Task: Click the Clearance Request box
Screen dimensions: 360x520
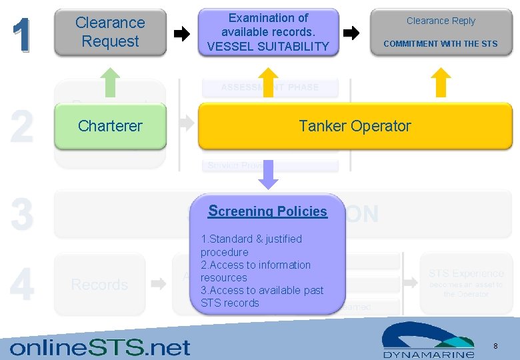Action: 110,32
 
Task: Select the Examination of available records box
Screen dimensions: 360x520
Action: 268,32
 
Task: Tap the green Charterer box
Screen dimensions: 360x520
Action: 110,125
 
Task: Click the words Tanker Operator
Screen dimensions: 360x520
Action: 355,125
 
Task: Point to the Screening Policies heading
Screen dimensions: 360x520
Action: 267,211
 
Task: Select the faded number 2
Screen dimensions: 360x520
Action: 22,127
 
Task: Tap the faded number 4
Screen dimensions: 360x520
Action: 22,285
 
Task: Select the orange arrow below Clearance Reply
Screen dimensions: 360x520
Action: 441,83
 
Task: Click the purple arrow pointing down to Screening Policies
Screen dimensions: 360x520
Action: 267,175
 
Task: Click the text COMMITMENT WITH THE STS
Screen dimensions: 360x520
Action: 441,44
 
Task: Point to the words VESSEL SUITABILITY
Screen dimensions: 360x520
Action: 268,46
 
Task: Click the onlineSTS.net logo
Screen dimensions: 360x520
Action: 100,347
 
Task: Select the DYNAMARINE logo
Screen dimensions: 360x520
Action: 428,340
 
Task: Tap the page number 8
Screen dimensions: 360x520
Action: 495,345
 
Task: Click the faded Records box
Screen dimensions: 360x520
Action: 99,285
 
